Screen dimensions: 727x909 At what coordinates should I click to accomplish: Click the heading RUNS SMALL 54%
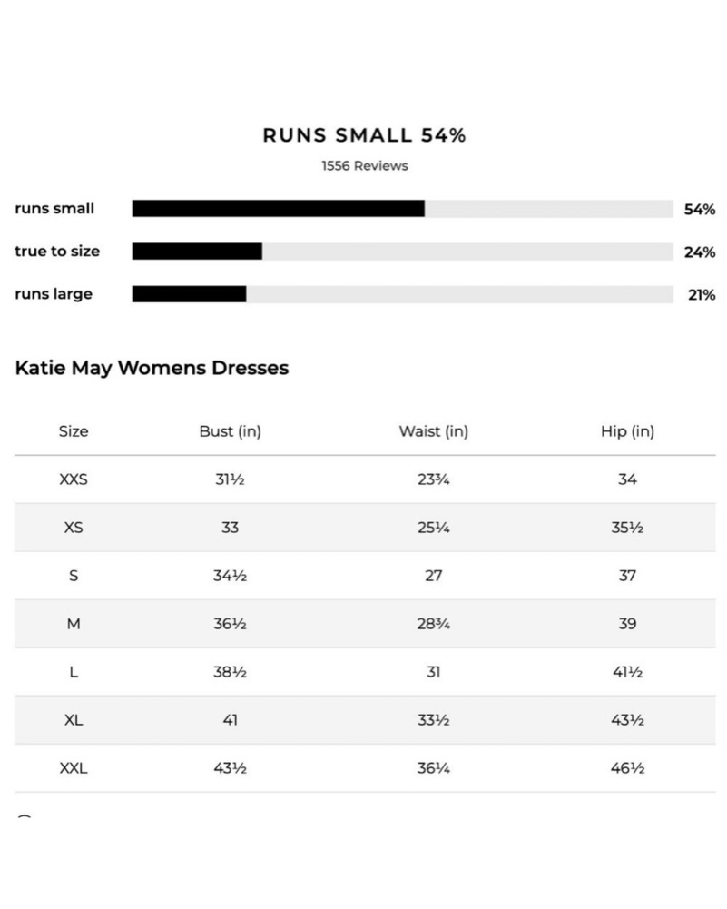click(x=364, y=135)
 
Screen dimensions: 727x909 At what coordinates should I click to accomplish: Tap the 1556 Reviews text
click(x=364, y=166)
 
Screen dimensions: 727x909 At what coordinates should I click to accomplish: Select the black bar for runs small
click(x=278, y=209)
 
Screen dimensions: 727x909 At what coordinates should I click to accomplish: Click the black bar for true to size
click(x=197, y=251)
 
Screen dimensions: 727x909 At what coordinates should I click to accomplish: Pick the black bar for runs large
click(x=189, y=294)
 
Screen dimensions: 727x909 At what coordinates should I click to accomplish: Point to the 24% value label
click(x=699, y=252)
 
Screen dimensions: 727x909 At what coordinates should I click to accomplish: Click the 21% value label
click(x=701, y=295)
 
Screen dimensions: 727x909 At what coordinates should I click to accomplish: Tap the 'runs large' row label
click(x=54, y=294)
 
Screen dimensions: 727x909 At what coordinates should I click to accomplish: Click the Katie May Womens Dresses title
click(x=152, y=368)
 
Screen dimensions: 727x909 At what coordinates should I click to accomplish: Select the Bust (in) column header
click(x=230, y=431)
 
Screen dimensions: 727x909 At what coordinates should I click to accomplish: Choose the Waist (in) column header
click(x=433, y=431)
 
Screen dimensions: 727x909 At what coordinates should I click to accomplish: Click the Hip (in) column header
click(x=627, y=431)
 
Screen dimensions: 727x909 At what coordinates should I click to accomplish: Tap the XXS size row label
click(x=74, y=479)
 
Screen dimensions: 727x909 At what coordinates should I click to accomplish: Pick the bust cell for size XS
click(x=230, y=528)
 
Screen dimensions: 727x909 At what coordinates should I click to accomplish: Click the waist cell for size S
click(x=433, y=576)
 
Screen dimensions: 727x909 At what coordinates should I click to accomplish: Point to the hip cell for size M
click(x=627, y=624)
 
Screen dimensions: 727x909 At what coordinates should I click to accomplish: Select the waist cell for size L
click(x=433, y=672)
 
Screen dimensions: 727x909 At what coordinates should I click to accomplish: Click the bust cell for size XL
click(x=230, y=720)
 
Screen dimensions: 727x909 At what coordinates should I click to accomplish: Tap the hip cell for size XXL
click(x=627, y=768)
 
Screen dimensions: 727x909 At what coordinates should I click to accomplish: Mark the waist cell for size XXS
click(x=433, y=479)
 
